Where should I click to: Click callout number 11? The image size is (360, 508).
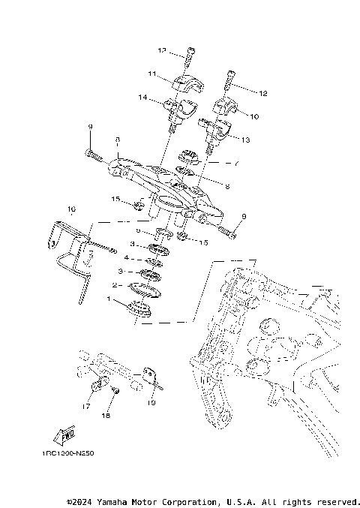click(x=151, y=74)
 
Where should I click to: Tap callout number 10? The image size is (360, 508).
click(x=253, y=116)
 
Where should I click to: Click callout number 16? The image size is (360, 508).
click(x=72, y=209)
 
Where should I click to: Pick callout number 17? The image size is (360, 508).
click(x=86, y=406)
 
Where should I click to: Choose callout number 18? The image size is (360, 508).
click(x=105, y=414)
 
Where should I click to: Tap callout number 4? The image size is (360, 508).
click(x=126, y=257)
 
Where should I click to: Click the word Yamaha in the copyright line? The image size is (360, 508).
click(x=106, y=500)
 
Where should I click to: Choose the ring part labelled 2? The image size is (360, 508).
click(x=145, y=288)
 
